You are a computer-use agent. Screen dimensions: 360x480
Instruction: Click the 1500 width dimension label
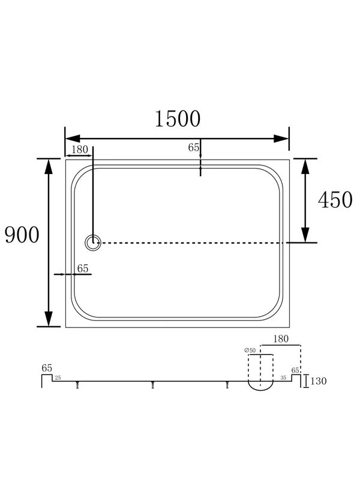click(178, 119)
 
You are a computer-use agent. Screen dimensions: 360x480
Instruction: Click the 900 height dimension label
click(22, 235)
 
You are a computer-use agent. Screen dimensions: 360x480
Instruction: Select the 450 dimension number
click(335, 200)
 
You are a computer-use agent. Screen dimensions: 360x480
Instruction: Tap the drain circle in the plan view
click(93, 243)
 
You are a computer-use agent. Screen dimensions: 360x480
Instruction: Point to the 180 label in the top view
click(80, 149)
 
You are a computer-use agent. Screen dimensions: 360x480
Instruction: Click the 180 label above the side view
click(281, 339)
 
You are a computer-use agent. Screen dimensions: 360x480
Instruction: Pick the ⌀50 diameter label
click(250, 350)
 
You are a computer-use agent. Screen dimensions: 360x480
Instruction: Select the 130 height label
click(319, 381)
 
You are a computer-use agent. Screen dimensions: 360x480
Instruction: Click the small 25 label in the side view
click(58, 378)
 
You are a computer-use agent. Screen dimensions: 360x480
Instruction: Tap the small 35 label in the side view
click(283, 378)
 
